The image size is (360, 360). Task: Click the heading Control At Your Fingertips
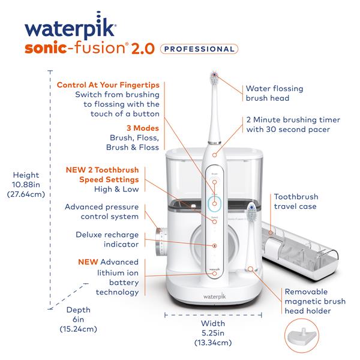(x=108, y=85)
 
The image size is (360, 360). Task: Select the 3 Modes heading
(x=143, y=128)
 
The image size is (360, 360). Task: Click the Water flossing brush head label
(x=274, y=93)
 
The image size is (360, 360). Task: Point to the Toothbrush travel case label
(x=296, y=202)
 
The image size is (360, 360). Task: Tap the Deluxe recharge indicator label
(x=107, y=240)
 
